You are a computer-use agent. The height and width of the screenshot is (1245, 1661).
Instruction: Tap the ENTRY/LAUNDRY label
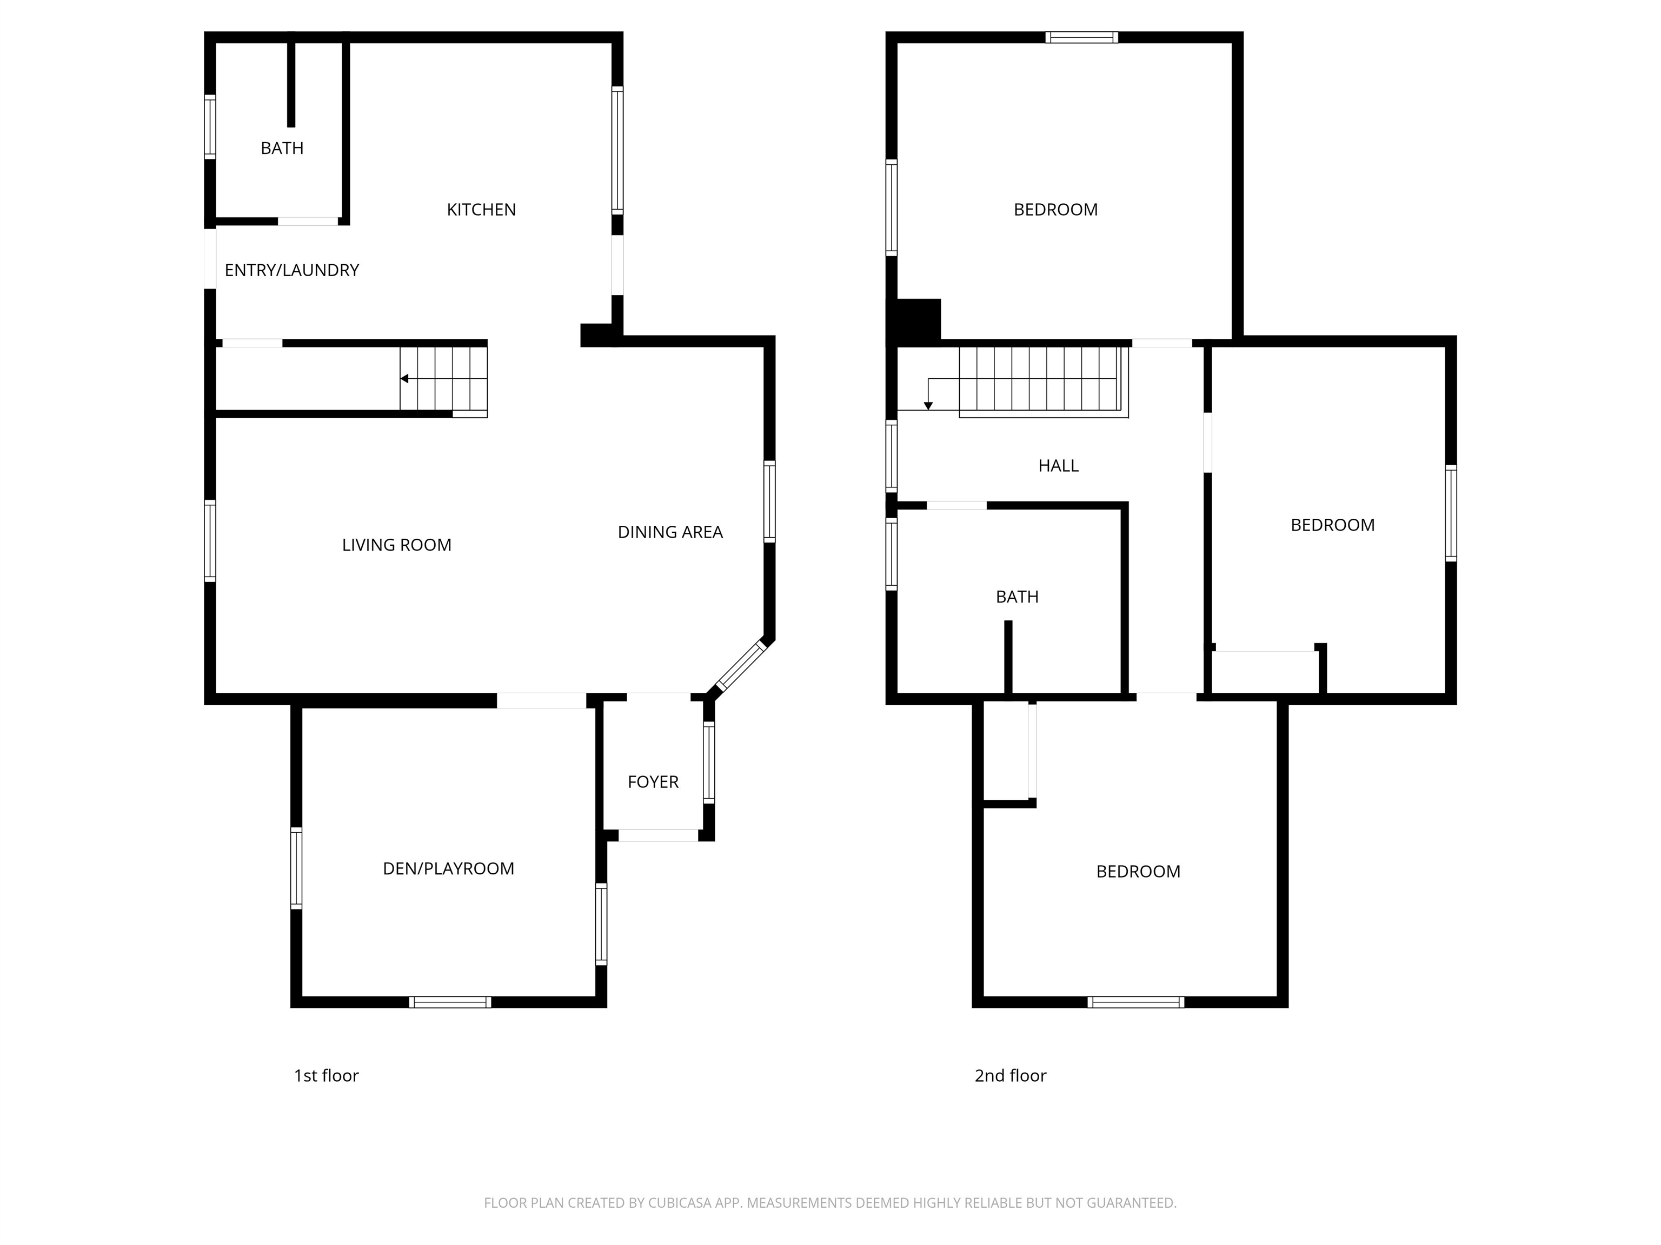point(292,270)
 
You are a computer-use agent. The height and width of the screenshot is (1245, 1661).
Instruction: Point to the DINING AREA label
point(670,533)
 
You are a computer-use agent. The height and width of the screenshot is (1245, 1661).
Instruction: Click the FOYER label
point(653,782)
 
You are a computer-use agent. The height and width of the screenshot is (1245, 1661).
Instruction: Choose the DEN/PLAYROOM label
point(448,869)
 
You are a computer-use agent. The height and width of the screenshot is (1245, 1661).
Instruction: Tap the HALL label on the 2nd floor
point(1059,466)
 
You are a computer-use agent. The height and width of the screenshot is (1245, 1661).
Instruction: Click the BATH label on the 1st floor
point(282,149)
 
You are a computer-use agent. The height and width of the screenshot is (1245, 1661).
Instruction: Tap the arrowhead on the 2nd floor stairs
point(928,406)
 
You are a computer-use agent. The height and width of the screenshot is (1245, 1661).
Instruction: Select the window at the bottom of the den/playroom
point(450,1002)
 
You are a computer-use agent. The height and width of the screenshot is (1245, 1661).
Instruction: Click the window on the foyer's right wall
point(709,762)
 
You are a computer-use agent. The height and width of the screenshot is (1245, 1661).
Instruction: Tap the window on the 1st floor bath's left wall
point(210,127)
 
